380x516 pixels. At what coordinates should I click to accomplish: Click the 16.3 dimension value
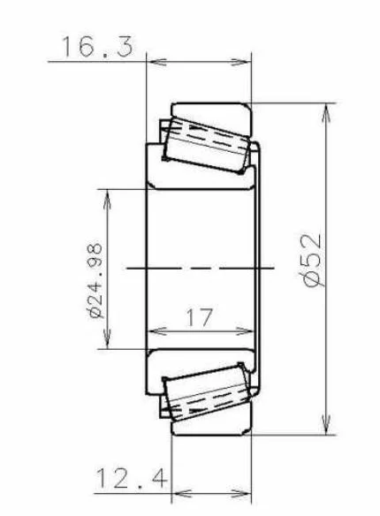click(x=98, y=47)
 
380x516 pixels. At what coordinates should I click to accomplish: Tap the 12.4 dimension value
click(x=132, y=478)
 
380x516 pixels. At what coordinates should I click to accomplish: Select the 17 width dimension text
click(x=200, y=317)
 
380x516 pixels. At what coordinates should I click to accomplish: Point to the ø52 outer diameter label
click(x=312, y=261)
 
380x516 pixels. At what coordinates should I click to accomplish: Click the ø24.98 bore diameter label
click(x=95, y=281)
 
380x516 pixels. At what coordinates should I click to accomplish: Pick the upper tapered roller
click(x=206, y=145)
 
